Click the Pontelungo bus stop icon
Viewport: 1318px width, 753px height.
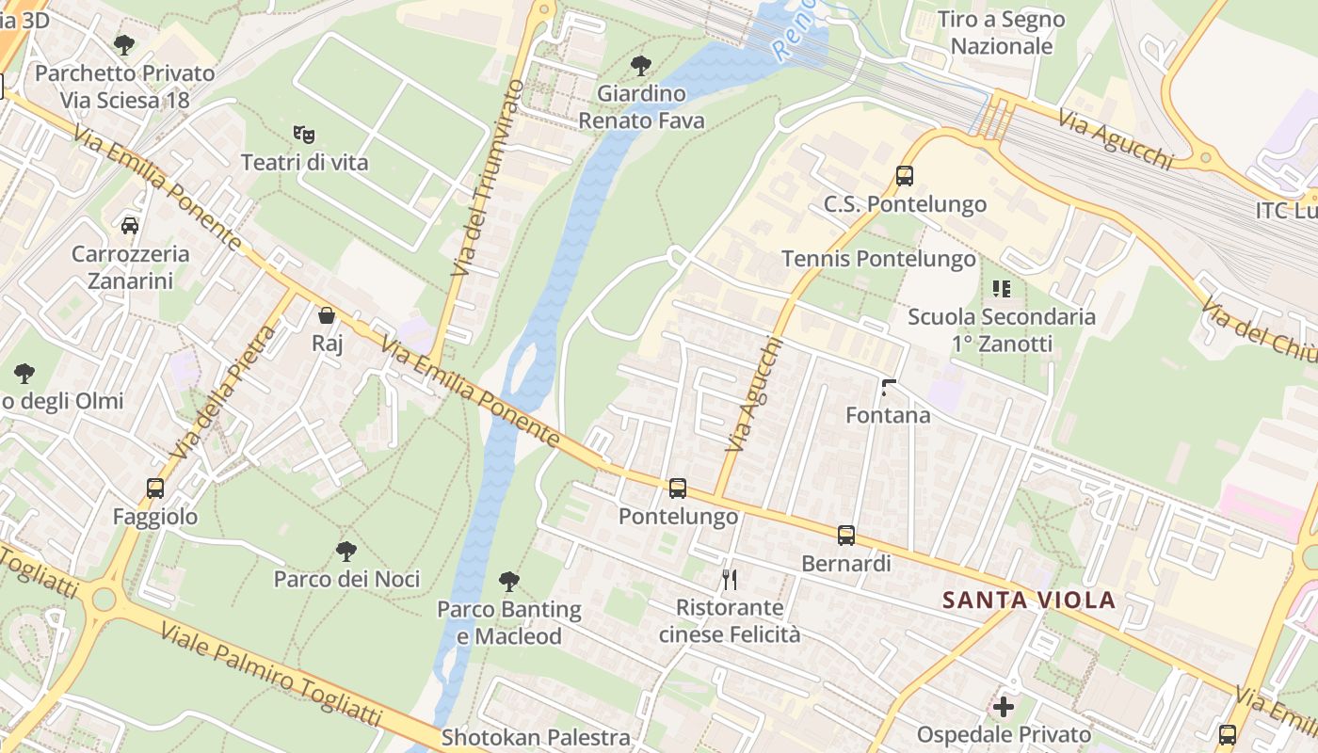[677, 488]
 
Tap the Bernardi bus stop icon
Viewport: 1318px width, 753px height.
[846, 536]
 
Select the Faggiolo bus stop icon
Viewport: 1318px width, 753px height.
[155, 489]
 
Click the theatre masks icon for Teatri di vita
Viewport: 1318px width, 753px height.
[303, 135]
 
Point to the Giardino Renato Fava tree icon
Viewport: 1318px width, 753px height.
[641, 66]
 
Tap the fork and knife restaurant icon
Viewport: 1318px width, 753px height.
[729, 579]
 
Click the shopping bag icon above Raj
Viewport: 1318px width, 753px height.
[327, 315]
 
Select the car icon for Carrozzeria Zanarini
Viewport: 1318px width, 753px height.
[130, 226]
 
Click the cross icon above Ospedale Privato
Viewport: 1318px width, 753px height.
[1004, 706]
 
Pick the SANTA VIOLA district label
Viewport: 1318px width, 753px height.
[1029, 600]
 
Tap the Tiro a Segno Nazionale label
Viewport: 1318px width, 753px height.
[1001, 33]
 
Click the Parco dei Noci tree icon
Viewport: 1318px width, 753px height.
[346, 551]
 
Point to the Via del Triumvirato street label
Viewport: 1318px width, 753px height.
[487, 179]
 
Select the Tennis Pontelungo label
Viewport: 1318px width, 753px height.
[878, 259]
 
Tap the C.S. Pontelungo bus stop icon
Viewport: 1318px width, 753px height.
[905, 175]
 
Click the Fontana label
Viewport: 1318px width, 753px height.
[888, 415]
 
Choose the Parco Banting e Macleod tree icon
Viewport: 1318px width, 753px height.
[509, 582]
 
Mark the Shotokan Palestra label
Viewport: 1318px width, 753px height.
[536, 736]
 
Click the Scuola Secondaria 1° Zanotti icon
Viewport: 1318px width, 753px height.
[1001, 289]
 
